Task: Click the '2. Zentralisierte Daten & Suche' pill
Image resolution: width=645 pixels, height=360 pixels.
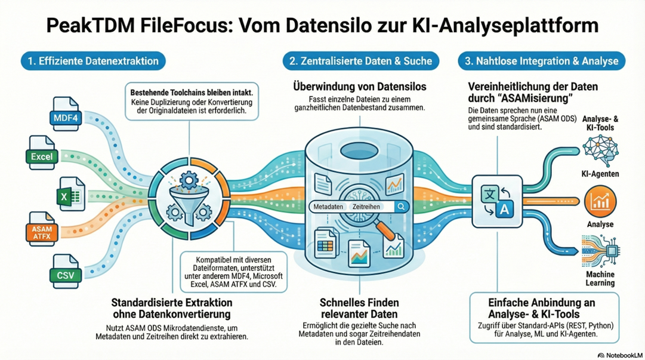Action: (x=360, y=61)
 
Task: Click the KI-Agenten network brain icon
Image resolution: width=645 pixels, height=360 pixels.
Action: (x=600, y=149)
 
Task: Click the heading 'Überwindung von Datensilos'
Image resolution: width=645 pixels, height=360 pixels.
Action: (x=359, y=87)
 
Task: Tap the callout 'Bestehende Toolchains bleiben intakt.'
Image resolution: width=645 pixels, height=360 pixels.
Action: (x=188, y=93)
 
